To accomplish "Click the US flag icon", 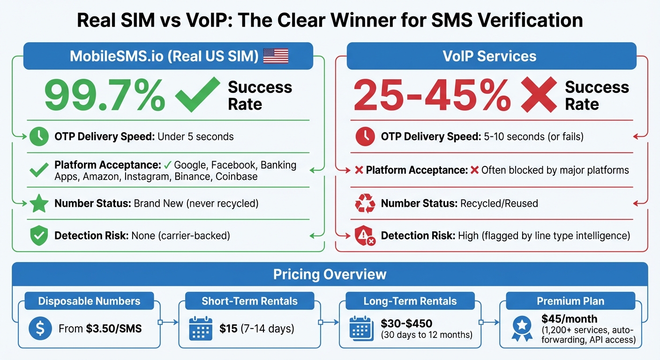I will [276, 56].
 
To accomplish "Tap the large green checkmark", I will [197, 95].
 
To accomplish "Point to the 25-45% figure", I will [432, 96].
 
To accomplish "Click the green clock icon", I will [39, 137].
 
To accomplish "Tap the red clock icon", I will [365, 137].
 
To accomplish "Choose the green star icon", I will [39, 204].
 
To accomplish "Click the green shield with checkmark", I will [39, 235].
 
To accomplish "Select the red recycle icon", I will [365, 204].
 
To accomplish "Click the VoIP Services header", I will [490, 56].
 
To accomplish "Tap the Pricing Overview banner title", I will [330, 274].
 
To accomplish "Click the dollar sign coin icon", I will [40, 329].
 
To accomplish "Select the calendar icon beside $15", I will [201, 329].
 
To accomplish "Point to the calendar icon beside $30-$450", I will [360, 329].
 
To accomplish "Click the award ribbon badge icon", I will [521, 329].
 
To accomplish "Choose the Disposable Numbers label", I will [89, 301].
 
